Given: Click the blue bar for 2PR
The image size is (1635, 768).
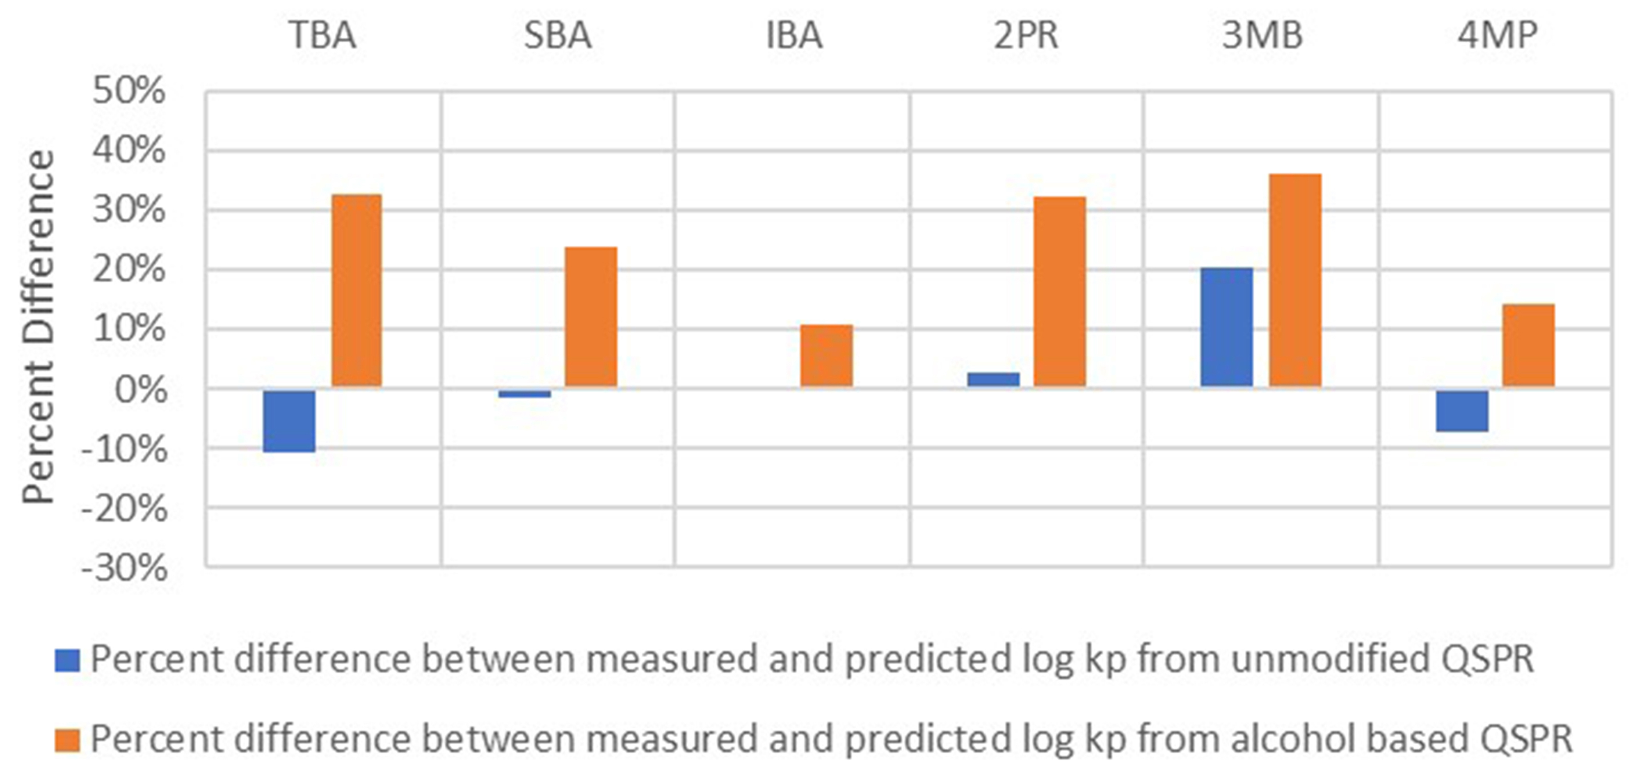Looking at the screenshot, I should (993, 379).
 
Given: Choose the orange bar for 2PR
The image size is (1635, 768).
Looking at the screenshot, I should (1059, 292).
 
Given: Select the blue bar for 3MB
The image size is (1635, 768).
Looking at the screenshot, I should (1227, 327).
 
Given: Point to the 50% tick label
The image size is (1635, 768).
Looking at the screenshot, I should (129, 91).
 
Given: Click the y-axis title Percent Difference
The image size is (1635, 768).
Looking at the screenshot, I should (38, 327).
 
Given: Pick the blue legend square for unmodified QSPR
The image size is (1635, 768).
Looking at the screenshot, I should (67, 660).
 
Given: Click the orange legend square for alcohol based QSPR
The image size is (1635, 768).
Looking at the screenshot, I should (67, 740).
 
